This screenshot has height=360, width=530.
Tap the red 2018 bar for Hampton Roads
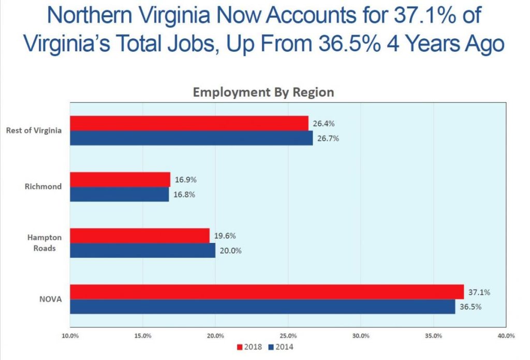[x=140, y=236]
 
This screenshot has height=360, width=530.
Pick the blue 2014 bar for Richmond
[x=120, y=194]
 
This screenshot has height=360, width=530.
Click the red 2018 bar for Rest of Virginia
[x=189, y=123]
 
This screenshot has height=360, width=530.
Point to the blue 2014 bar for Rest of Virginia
[x=191, y=138]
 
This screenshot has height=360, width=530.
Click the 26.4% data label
[x=324, y=124]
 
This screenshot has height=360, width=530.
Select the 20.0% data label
[x=231, y=251]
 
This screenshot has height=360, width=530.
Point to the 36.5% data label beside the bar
[x=471, y=307]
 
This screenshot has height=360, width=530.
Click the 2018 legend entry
[x=249, y=347]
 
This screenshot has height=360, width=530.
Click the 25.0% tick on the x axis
[x=288, y=336]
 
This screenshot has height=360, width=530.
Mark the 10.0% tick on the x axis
[x=70, y=336]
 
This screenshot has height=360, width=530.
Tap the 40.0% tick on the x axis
[x=506, y=336]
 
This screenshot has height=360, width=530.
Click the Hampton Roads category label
[x=45, y=242]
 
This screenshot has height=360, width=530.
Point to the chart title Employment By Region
[x=263, y=92]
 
